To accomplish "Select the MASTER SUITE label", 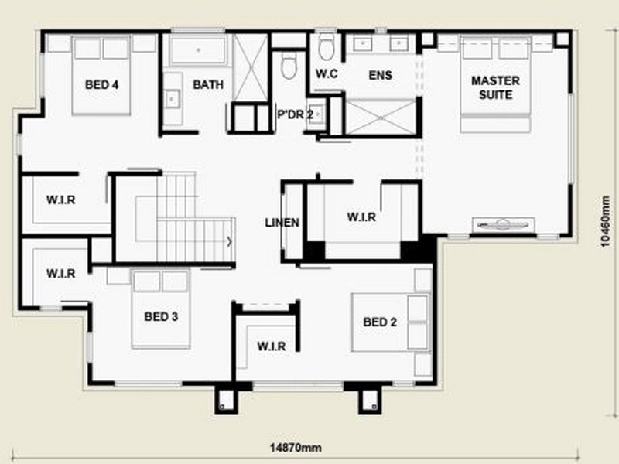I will tap(495, 87).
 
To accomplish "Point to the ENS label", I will tap(381, 76).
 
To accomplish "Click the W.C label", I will tap(326, 74).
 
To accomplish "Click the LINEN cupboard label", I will tap(282, 223).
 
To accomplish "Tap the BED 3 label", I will tap(162, 316).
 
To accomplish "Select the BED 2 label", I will tap(380, 322).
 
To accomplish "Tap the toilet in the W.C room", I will tap(326, 46).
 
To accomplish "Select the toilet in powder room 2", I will tap(291, 66).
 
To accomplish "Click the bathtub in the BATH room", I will tap(198, 50).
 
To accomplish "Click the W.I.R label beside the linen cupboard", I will tap(361, 217).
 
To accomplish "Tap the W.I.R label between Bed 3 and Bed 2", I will tap(271, 346).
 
